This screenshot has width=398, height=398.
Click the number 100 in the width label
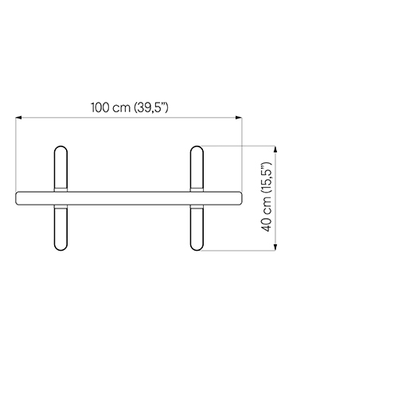(x=100, y=107)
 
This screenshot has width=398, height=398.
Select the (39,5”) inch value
(x=151, y=107)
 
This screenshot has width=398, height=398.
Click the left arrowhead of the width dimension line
(x=18, y=117)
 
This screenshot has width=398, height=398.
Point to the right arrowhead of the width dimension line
(x=239, y=117)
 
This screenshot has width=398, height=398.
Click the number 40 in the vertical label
(x=266, y=224)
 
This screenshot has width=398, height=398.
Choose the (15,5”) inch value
(x=267, y=178)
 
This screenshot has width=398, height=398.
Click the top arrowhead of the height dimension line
(x=275, y=149)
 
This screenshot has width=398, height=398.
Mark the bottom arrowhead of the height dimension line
(x=275, y=247)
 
